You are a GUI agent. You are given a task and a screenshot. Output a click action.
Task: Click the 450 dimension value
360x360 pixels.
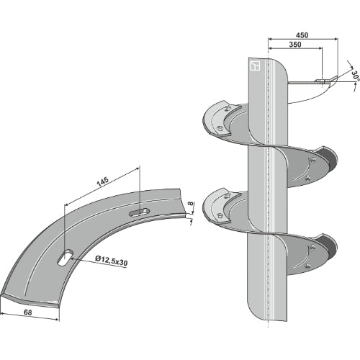(x=302, y=35)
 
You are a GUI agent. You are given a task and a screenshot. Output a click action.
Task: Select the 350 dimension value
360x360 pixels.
(x=295, y=45)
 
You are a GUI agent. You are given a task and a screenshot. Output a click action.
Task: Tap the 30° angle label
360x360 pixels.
(x=356, y=76)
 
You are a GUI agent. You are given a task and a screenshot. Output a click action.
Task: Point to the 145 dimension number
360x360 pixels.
(x=102, y=181)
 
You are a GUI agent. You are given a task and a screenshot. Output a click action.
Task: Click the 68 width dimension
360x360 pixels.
(x=28, y=312)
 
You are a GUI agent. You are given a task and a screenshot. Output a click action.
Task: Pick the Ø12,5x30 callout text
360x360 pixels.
(x=111, y=261)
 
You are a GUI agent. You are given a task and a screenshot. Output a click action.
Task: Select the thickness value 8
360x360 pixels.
(x=190, y=204)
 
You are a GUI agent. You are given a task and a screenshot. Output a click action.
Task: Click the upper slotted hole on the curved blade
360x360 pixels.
(x=139, y=212)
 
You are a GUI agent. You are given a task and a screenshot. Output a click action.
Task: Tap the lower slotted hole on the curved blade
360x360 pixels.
(x=66, y=258)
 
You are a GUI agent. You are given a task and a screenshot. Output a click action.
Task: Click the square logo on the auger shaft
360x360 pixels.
(x=255, y=66)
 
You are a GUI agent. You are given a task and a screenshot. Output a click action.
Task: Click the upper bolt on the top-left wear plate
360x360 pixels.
(x=227, y=109)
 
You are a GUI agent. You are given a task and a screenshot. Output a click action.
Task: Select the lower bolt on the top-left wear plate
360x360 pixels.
(x=219, y=128)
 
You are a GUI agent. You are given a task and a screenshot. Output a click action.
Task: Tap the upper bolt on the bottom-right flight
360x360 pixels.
(x=312, y=247)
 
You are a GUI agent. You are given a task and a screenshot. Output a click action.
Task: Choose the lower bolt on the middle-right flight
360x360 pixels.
(x=308, y=178)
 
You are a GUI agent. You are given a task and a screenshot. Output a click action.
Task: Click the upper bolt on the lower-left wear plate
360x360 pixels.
(x=227, y=197)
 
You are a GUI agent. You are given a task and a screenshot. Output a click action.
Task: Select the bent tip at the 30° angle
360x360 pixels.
(x=334, y=78)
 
